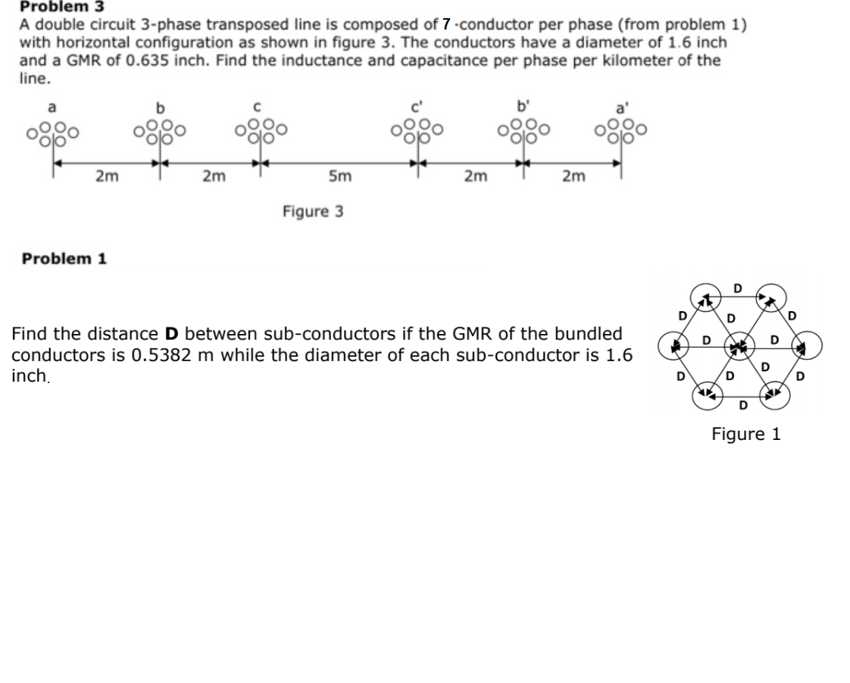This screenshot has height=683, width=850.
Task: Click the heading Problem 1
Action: click(x=64, y=259)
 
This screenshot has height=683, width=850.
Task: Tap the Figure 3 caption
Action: click(x=313, y=211)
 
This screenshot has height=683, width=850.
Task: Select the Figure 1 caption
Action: click(x=745, y=434)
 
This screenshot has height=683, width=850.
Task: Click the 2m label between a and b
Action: click(x=107, y=177)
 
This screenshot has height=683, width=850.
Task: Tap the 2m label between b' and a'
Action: click(x=573, y=177)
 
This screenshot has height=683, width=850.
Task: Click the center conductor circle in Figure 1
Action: click(x=735, y=348)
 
